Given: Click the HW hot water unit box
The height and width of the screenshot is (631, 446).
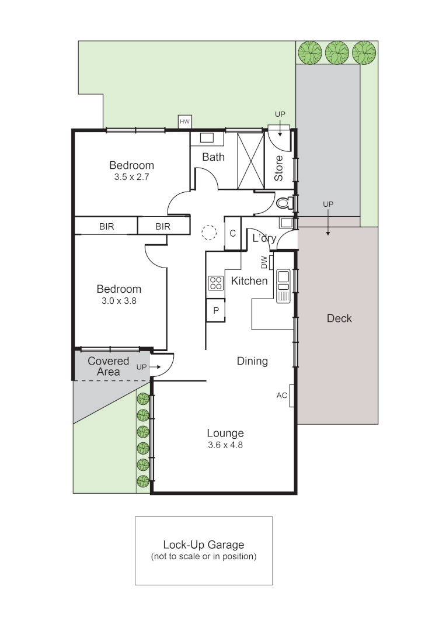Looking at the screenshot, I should (185, 122).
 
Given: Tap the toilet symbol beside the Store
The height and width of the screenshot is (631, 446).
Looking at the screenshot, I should (284, 203).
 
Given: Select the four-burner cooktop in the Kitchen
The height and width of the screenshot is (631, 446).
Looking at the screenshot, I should (215, 283).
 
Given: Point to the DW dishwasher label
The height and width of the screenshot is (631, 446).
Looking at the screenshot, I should (264, 262).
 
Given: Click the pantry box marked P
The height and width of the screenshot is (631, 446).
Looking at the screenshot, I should (215, 310).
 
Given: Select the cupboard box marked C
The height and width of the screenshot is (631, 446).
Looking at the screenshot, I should (232, 234).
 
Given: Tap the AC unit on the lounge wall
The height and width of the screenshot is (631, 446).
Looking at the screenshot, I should (291, 396).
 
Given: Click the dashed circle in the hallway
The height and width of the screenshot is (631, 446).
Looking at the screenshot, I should (208, 233).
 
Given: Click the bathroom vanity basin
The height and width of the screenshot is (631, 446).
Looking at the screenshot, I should (207, 138).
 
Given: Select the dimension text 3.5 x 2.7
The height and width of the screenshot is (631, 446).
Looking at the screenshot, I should (132, 176).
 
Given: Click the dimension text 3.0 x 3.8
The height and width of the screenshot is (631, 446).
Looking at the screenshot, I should (119, 301).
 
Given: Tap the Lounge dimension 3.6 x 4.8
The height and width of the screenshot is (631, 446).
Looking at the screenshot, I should (225, 445).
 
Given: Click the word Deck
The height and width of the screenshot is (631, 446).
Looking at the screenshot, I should (339, 318).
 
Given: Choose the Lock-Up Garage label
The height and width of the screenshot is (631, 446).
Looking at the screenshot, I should (203, 545).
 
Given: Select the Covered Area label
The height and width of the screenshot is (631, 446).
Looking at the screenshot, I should (108, 366).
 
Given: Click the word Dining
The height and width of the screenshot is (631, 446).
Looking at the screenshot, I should (252, 361).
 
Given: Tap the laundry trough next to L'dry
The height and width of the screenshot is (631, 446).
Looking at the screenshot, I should (286, 223).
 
